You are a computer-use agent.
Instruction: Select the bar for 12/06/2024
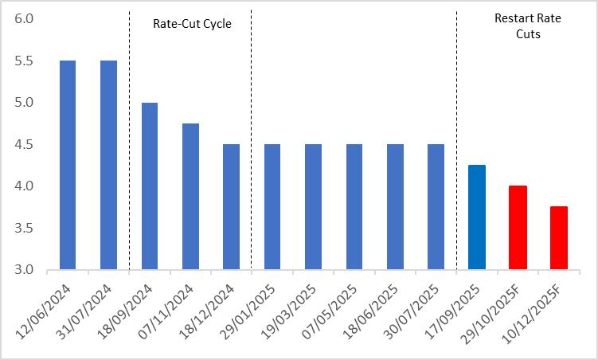pyautogui.click(x=67, y=165)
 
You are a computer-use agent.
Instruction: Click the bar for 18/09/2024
pyautogui.click(x=149, y=186)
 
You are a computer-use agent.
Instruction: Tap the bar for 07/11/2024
pyautogui.click(x=190, y=196)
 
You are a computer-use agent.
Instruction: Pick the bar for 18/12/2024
pyautogui.click(x=231, y=206)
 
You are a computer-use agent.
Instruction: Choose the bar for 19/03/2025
pyautogui.click(x=313, y=206)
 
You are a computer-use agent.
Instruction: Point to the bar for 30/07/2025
pyautogui.click(x=436, y=206)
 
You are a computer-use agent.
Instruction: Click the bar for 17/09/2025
pyautogui.click(x=476, y=217)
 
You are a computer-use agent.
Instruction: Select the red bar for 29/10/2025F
pyautogui.click(x=518, y=227)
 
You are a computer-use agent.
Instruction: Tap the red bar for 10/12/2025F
pyautogui.click(x=558, y=237)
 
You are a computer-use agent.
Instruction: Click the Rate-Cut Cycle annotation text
pyautogui.click(x=192, y=24)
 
